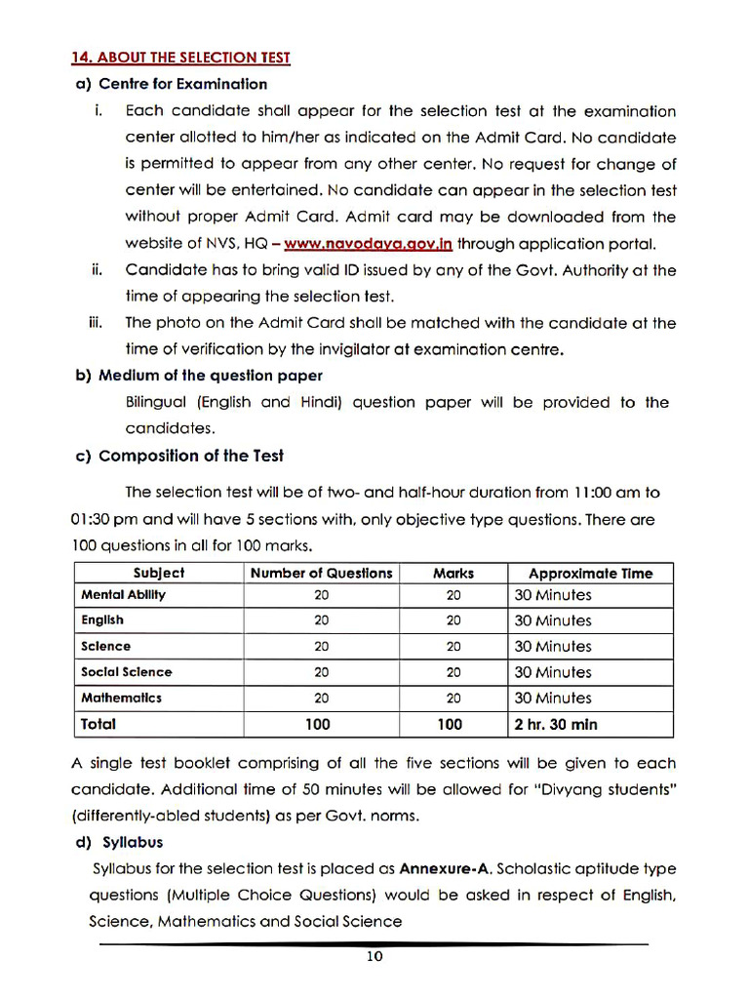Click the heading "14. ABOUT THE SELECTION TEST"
click(x=180, y=58)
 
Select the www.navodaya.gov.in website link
click(x=368, y=244)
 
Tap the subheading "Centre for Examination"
click(x=182, y=84)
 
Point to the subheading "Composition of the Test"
click(x=191, y=456)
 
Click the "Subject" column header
click(x=158, y=573)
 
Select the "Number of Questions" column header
click(x=321, y=573)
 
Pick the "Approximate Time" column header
click(x=590, y=573)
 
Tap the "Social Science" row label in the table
click(x=126, y=671)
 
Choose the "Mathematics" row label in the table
click(x=121, y=698)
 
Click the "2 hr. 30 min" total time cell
click(x=556, y=724)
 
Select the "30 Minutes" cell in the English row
click(x=553, y=620)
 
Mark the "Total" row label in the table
click(x=99, y=724)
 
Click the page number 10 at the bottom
click(x=374, y=957)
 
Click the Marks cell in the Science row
click(x=453, y=646)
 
